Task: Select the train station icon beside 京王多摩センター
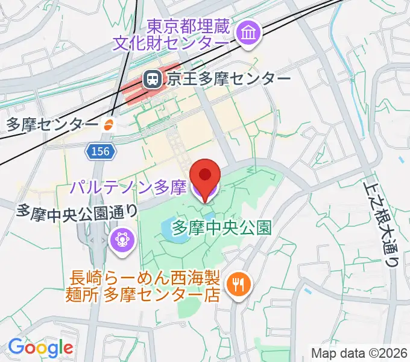[x=151, y=78]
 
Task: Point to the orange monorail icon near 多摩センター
[x=109, y=124]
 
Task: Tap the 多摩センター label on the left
[x=51, y=124]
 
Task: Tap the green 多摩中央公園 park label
[x=221, y=227]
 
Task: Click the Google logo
[x=40, y=347]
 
